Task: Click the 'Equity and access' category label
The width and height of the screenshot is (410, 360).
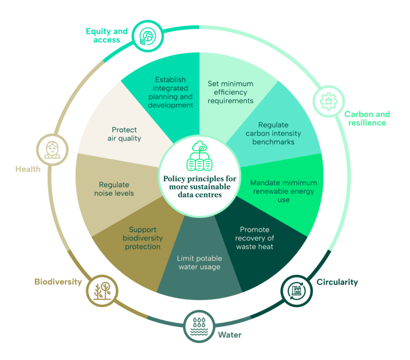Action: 107,36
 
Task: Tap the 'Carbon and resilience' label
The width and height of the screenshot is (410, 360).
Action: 367,118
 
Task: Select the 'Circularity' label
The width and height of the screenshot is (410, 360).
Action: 337,282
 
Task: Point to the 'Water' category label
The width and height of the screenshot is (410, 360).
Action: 230,335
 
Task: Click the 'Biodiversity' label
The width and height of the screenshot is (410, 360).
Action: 58,282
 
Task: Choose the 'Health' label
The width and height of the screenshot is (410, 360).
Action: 28,169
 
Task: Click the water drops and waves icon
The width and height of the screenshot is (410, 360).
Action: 199,326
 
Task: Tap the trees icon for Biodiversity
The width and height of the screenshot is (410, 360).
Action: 102,290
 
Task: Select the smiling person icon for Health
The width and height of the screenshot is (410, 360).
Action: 52,150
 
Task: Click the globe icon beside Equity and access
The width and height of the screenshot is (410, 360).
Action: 148,36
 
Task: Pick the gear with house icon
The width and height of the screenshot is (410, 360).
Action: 329,101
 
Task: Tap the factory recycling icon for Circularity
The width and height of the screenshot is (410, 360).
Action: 297,291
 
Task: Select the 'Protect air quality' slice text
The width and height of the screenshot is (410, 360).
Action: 124,134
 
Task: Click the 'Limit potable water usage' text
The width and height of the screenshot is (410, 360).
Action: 199,262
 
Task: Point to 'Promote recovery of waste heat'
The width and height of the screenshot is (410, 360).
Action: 255,238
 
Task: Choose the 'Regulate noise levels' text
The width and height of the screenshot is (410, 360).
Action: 114,189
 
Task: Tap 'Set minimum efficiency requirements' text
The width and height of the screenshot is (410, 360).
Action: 231,92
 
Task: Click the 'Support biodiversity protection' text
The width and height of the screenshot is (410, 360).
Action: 143,238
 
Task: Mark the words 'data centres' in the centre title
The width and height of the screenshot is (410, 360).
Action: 200,195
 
